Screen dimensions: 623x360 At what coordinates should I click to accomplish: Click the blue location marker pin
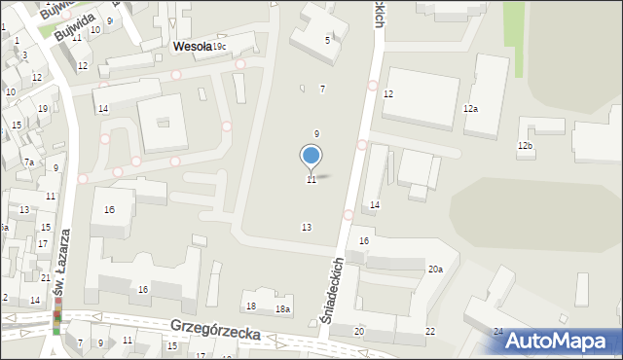pyautogui.click(x=311, y=158)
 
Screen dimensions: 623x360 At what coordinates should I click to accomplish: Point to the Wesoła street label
pyautogui.click(x=192, y=46)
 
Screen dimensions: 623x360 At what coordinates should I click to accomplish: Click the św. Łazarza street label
pyautogui.click(x=62, y=262)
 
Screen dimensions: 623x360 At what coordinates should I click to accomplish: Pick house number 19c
pyautogui.click(x=220, y=47)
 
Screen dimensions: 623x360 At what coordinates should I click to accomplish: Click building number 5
pyautogui.click(x=327, y=40)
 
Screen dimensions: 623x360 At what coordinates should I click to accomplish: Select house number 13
pyautogui.click(x=307, y=227)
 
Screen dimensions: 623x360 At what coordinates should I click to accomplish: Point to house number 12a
pyautogui.click(x=471, y=109)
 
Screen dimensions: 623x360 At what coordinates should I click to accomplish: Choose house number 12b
pyautogui.click(x=526, y=146)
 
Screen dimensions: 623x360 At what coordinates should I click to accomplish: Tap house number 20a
pyautogui.click(x=435, y=270)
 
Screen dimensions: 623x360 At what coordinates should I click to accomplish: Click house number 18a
pyautogui.click(x=282, y=308)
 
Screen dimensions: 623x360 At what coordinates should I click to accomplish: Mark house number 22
pyautogui.click(x=430, y=332)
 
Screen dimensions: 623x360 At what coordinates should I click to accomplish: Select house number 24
pyautogui.click(x=498, y=332)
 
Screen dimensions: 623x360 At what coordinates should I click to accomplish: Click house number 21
pyautogui.click(x=46, y=278)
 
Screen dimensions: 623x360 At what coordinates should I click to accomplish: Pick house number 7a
pyautogui.click(x=29, y=162)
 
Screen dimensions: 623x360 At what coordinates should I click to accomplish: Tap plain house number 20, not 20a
pyautogui.click(x=359, y=332)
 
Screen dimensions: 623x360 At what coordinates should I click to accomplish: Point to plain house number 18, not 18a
pyautogui.click(x=251, y=306)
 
